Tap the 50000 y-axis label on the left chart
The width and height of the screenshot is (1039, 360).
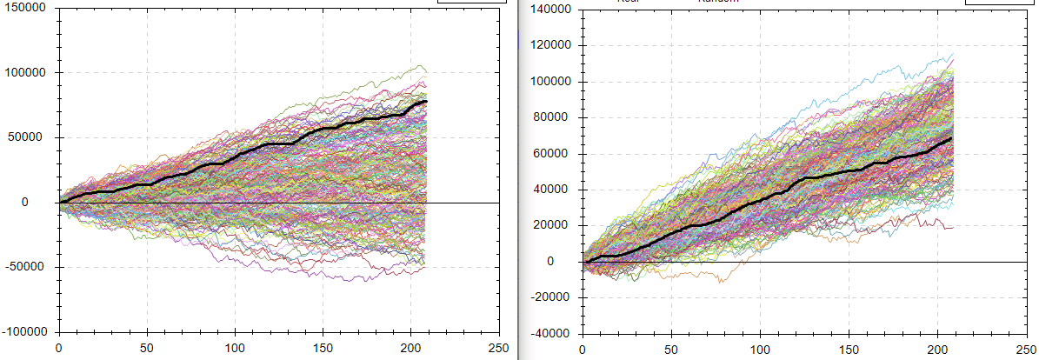(x=31, y=137)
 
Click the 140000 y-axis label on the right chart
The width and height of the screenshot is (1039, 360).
(x=549, y=10)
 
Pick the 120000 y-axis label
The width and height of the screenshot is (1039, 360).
(x=549, y=45)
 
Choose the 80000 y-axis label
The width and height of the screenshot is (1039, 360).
(x=553, y=117)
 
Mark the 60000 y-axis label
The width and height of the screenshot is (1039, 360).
(x=553, y=154)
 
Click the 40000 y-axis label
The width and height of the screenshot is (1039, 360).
(x=553, y=190)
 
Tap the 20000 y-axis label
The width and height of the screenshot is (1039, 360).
(x=553, y=225)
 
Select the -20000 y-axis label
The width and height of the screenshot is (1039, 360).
(x=551, y=297)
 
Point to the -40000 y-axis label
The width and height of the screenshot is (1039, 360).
(x=551, y=333)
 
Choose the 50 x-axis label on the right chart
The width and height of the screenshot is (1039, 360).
(x=671, y=350)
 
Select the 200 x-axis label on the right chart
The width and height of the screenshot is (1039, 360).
(x=937, y=350)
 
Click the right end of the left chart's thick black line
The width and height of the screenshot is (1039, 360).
(x=427, y=102)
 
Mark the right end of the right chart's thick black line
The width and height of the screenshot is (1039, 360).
(x=952, y=138)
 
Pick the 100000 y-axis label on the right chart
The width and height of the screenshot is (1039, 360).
(x=549, y=82)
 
